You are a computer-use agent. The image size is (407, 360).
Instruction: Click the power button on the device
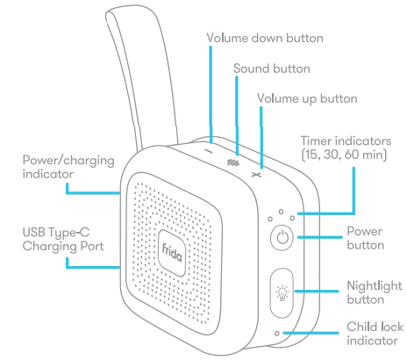pyautogui.click(x=282, y=237)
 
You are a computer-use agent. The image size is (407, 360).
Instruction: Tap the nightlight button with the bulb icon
pyautogui.click(x=282, y=293)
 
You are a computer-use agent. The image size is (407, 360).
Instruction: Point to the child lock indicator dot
pyautogui.click(x=277, y=334)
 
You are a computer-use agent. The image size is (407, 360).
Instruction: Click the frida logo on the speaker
pyautogui.click(x=172, y=253)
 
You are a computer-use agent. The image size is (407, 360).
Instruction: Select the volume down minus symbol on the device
pyautogui.click(x=209, y=151)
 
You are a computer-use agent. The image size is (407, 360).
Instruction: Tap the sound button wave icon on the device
pyautogui.click(x=233, y=162)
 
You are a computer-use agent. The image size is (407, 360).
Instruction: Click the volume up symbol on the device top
pyautogui.click(x=256, y=175)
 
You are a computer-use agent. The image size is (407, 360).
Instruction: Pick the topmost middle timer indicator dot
pyautogui.click(x=281, y=212)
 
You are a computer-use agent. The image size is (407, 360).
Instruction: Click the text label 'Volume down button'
pyautogui.click(x=265, y=38)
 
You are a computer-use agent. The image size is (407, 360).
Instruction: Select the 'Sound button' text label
pyautogui.click(x=272, y=68)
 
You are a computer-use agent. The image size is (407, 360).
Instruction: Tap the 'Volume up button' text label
pyautogui.click(x=307, y=98)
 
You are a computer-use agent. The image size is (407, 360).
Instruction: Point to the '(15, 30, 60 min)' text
pyautogui.click(x=344, y=155)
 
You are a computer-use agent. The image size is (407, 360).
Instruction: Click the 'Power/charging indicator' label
pyautogui.click(x=68, y=167)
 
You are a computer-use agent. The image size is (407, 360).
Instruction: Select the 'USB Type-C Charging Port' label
pyautogui.click(x=63, y=239)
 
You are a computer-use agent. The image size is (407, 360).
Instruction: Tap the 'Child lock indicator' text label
pyautogui.click(x=375, y=334)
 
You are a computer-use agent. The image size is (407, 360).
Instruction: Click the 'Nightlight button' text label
pyautogui.click(x=375, y=292)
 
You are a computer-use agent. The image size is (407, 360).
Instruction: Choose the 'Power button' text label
pyautogui.click(x=366, y=238)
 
